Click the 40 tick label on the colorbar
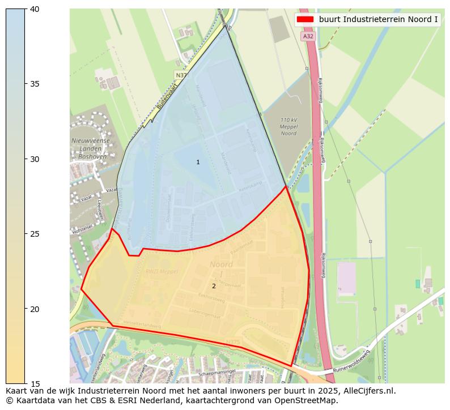coord(35,9)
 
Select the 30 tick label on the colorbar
coord(35,159)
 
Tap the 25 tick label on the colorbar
coord(35,234)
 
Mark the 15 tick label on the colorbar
coord(35,384)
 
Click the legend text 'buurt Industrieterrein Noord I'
coord(378,19)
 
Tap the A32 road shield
coord(308,36)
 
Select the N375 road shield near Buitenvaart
coord(181,75)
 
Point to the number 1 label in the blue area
coord(198,163)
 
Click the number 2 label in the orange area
coord(214,286)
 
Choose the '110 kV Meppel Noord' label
coord(289,126)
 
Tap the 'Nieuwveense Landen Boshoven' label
coord(90,148)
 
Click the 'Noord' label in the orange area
coord(221,264)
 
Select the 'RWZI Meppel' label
coord(162,271)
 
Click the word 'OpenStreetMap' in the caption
coord(309,400)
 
